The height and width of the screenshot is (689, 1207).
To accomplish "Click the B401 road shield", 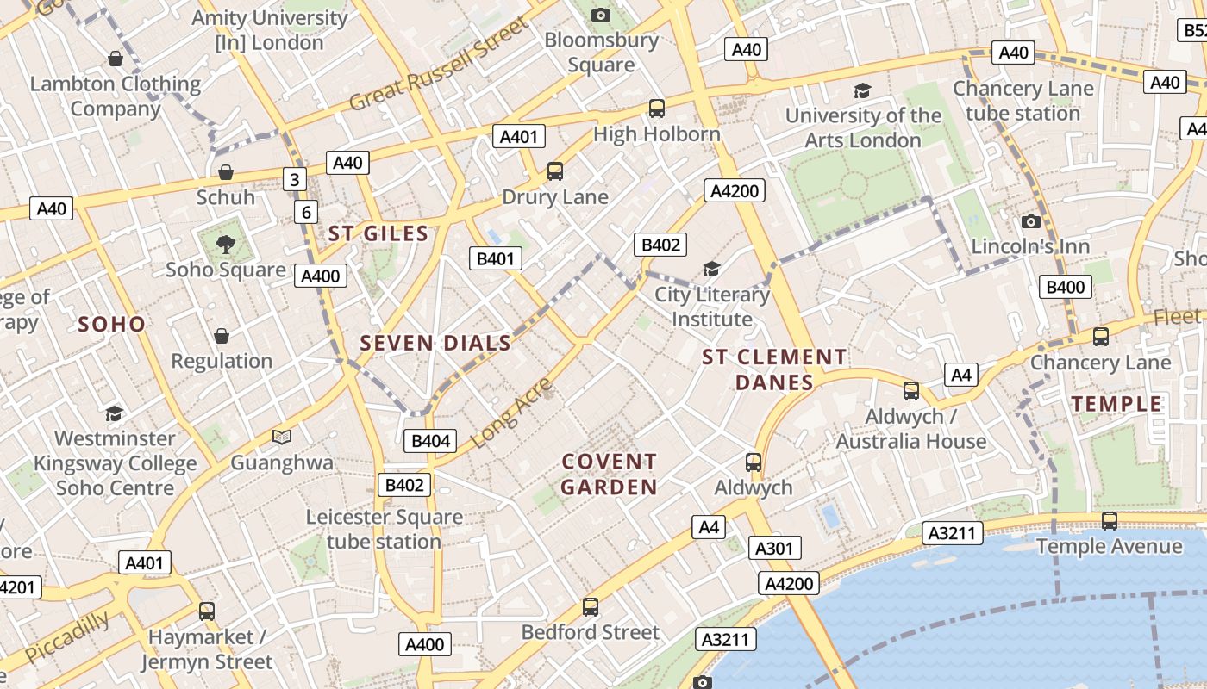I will click(x=495, y=258).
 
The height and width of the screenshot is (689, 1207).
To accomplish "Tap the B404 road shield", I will click(x=430, y=441).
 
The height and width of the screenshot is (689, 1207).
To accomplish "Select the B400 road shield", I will click(x=1066, y=287).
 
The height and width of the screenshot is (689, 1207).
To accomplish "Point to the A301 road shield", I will click(x=774, y=548).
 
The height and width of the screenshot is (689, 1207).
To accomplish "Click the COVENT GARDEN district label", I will click(x=610, y=475).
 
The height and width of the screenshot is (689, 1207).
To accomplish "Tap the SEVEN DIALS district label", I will click(x=435, y=343).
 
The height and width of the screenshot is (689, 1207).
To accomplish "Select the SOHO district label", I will click(x=112, y=324).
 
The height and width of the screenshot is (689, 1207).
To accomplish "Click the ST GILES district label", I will click(x=378, y=233).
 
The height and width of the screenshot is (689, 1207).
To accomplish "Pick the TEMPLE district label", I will click(x=1116, y=404).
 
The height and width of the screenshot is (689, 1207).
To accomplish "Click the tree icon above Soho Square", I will click(x=225, y=245).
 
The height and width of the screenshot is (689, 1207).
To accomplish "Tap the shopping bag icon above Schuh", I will click(x=225, y=172).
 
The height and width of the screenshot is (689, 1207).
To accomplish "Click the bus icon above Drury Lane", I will click(x=555, y=171).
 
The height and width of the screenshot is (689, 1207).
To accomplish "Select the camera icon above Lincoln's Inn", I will click(x=1030, y=221).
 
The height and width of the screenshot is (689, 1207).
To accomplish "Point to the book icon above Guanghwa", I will click(x=282, y=438).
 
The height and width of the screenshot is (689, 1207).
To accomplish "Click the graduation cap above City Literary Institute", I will click(x=711, y=270).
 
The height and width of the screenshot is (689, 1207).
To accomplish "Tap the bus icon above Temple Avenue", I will click(x=1110, y=520).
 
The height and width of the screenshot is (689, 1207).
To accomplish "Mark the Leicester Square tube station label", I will click(x=385, y=529).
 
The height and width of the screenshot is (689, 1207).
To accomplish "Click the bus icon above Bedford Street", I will click(x=591, y=606).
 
